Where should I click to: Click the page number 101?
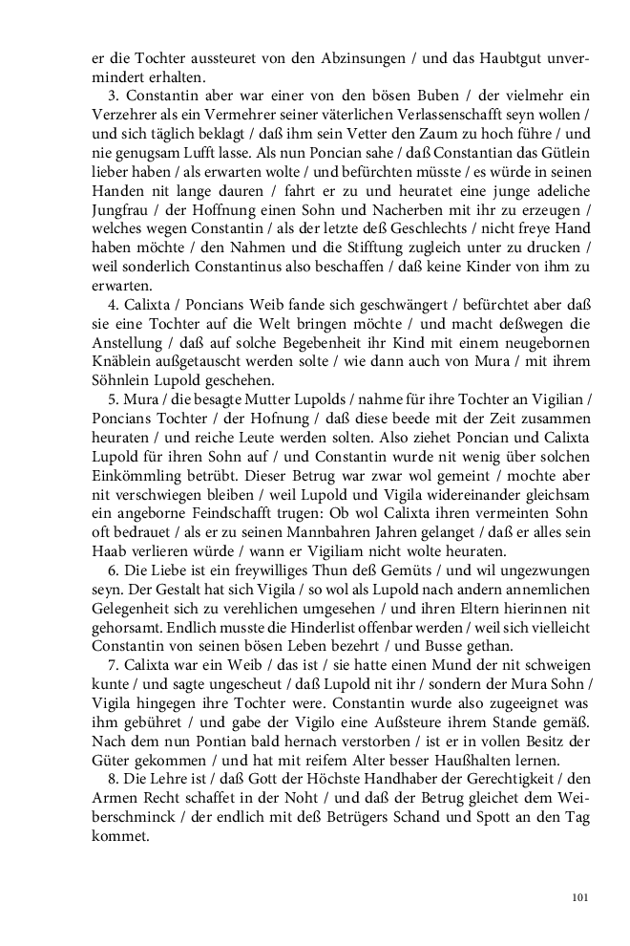(x=580, y=896)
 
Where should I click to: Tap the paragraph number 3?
(x=110, y=97)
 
